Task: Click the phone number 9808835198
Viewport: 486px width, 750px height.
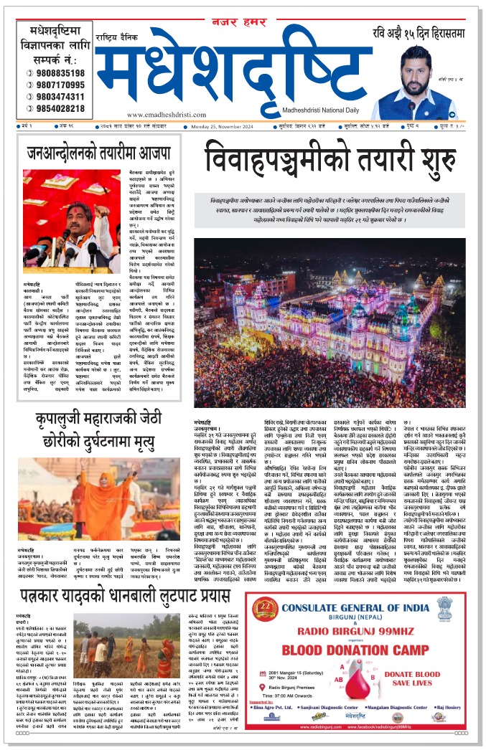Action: pyautogui.click(x=56, y=73)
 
